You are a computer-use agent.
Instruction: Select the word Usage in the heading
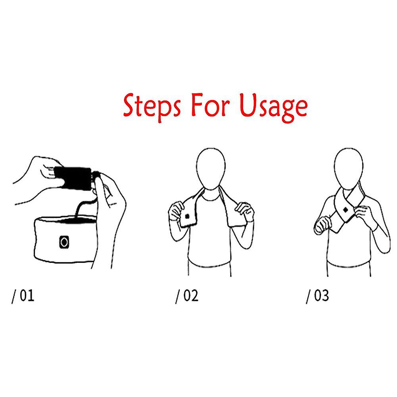click(273, 107)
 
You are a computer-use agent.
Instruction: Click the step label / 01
click(23, 296)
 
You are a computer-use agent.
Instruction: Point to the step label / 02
click(187, 296)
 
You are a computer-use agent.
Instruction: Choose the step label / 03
click(317, 296)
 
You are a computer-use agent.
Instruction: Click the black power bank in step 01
click(73, 179)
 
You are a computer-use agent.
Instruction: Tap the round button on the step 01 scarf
click(64, 242)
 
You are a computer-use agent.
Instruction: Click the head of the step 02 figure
click(211, 168)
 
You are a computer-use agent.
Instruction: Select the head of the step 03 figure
click(349, 168)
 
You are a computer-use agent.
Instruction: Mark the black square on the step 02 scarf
click(187, 216)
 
